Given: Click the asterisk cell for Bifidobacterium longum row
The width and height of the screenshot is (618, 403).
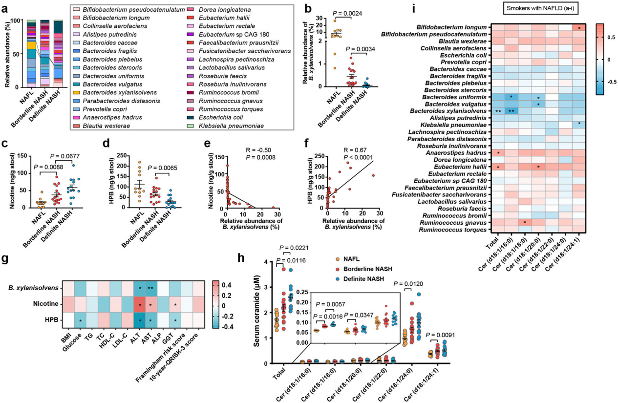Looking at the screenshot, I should pos(578,27).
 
